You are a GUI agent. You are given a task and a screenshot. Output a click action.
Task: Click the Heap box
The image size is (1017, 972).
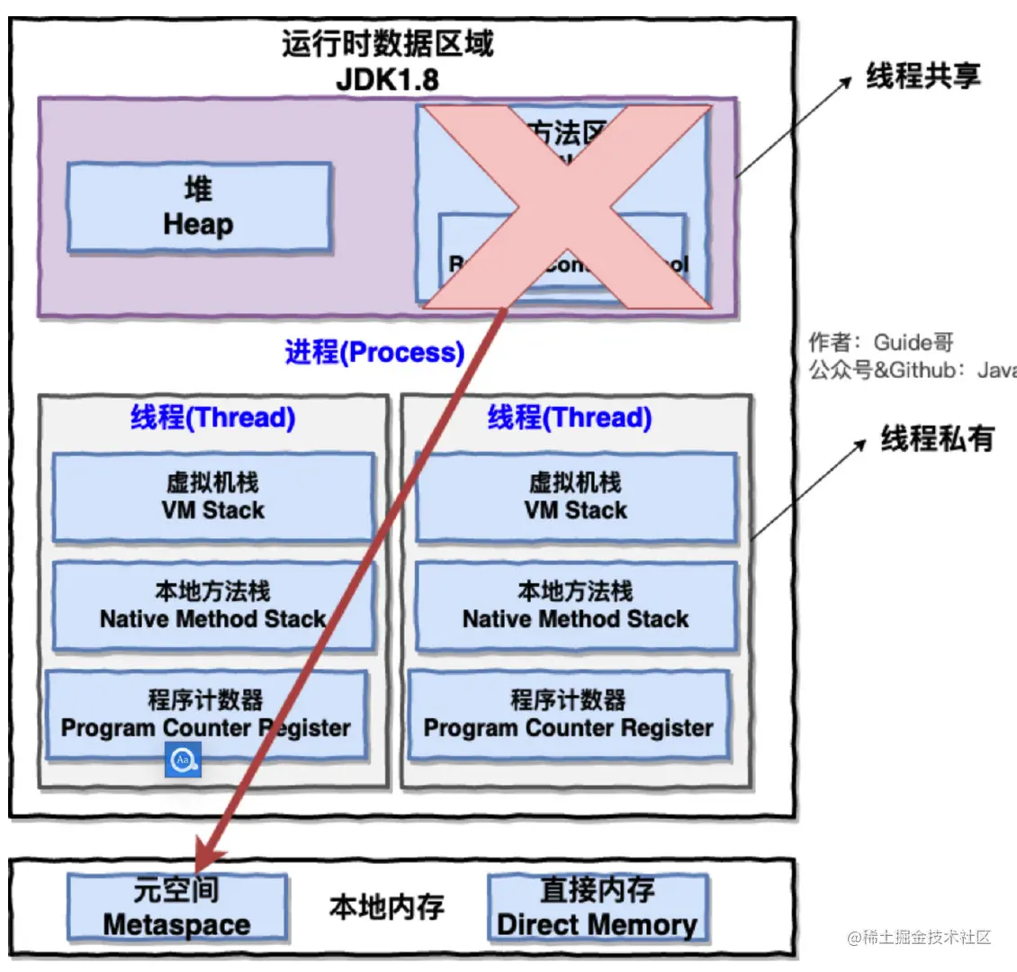(199, 207)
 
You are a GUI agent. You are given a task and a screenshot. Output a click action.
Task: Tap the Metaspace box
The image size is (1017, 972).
(177, 907)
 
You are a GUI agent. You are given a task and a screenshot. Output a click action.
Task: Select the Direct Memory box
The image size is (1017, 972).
(598, 907)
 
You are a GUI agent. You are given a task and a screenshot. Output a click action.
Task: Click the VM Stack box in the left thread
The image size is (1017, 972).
(213, 497)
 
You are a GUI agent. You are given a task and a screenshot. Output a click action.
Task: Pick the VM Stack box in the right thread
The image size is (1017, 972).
(576, 497)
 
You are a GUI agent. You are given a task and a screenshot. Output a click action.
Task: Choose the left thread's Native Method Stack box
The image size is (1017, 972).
(213, 606)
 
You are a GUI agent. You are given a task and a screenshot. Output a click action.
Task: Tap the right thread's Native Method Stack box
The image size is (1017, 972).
(576, 606)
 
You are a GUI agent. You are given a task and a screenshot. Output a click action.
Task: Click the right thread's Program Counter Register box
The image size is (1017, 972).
(568, 715)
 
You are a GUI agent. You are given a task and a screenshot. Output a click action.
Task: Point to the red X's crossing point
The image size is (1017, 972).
(568, 207)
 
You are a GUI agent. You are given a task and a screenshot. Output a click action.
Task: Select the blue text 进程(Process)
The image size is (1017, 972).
(374, 352)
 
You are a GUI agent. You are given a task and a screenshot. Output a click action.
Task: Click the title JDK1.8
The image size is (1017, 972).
(387, 79)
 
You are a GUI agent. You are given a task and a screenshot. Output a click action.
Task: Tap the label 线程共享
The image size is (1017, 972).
(922, 76)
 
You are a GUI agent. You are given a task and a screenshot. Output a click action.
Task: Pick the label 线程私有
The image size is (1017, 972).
(937, 439)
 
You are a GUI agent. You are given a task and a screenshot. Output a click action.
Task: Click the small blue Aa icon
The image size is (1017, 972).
(184, 760)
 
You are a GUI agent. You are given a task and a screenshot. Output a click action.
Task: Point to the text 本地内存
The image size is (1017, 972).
(387, 907)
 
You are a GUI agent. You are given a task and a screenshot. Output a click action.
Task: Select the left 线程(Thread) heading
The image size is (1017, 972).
(213, 418)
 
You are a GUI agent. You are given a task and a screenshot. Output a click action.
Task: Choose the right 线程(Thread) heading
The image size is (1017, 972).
(570, 418)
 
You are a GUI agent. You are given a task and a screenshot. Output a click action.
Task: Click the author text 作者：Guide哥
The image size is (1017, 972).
(880, 342)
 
